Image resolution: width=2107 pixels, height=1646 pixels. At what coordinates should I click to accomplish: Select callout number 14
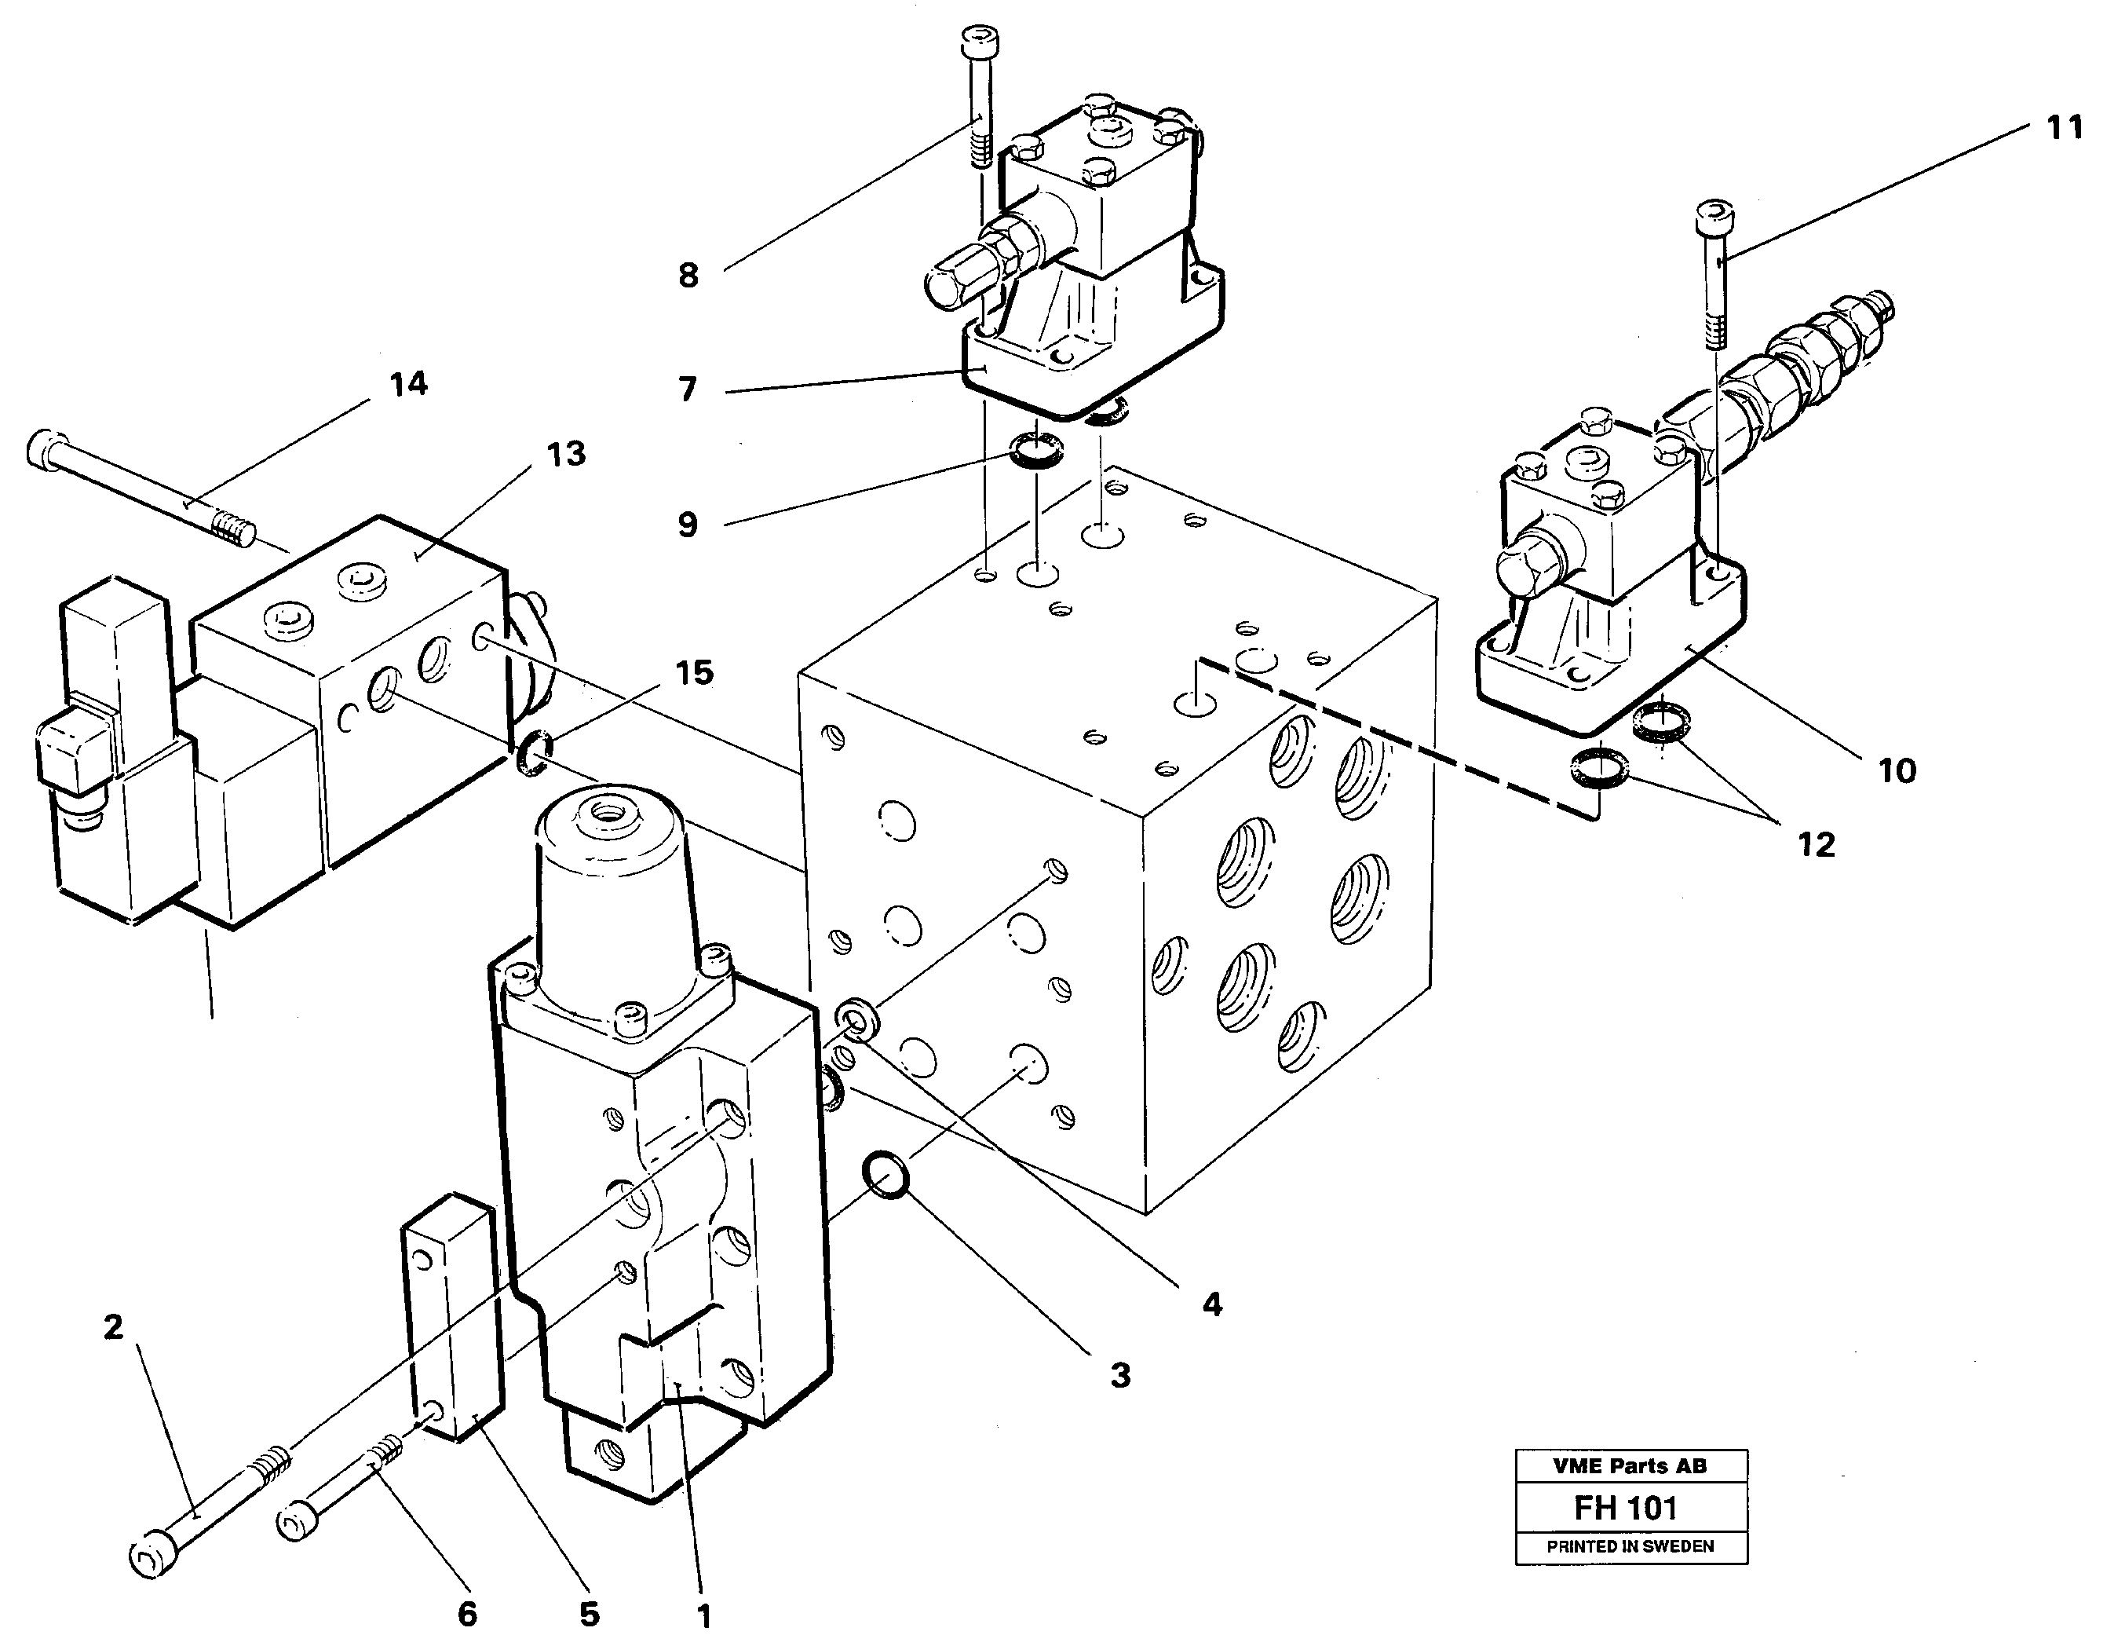[x=408, y=384]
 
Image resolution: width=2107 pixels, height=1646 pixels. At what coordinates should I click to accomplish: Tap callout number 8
[x=688, y=276]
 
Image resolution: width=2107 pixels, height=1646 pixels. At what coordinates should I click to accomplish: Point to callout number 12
[x=1816, y=845]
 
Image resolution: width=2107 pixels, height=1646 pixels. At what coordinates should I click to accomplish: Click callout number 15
[x=695, y=672]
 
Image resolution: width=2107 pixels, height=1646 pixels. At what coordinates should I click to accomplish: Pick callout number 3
[x=1119, y=1375]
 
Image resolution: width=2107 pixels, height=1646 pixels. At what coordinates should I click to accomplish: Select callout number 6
[x=466, y=1612]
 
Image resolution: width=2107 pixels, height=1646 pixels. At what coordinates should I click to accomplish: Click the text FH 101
[x=1626, y=1507]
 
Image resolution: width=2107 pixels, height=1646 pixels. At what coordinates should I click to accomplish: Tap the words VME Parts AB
[x=1630, y=1465]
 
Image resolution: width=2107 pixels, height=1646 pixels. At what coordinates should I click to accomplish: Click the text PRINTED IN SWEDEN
[x=1630, y=1545]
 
